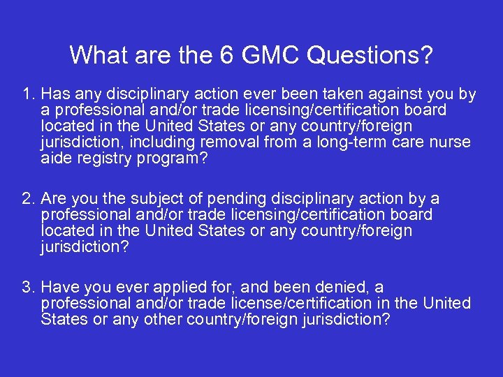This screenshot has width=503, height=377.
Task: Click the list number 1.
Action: [x=27, y=94]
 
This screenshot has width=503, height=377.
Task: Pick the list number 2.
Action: [x=27, y=199]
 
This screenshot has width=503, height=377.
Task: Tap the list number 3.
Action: [x=27, y=288]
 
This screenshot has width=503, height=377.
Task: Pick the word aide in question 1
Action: [x=55, y=158]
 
